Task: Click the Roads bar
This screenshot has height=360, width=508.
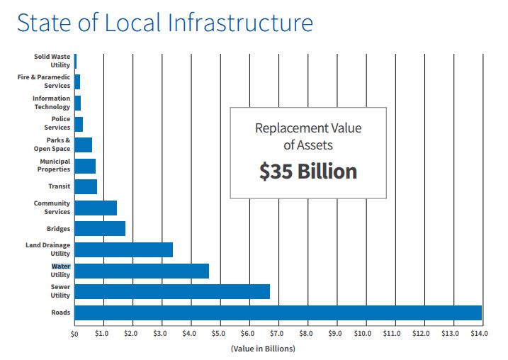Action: (278, 313)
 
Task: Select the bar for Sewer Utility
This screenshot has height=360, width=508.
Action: (171, 291)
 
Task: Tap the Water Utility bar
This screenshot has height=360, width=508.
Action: (141, 271)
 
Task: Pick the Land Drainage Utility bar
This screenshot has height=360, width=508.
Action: (123, 249)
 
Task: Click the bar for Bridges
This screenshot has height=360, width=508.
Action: (99, 228)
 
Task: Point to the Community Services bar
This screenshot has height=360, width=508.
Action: (95, 208)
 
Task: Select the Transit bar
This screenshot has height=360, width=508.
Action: (85, 186)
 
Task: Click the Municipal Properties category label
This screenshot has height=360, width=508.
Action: (55, 166)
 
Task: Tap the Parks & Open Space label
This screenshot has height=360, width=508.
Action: (52, 145)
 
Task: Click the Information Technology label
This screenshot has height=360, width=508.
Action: (52, 103)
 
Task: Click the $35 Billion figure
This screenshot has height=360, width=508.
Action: (307, 171)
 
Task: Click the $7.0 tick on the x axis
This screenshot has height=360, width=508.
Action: (277, 333)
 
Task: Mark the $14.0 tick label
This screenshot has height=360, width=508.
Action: (480, 333)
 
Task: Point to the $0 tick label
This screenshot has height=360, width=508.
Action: (74, 333)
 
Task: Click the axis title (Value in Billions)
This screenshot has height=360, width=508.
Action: (262, 348)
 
